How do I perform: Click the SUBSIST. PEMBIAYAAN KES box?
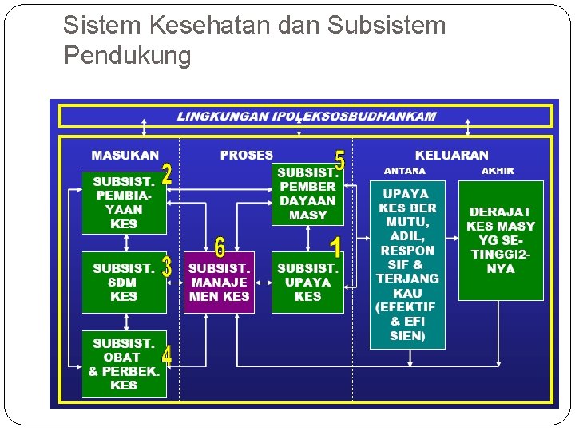(x=124, y=203)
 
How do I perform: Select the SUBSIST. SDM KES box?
(x=124, y=283)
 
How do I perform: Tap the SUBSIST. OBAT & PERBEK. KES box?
(x=124, y=364)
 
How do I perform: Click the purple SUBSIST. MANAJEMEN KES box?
(x=219, y=283)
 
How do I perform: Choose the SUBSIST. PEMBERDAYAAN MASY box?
(x=307, y=194)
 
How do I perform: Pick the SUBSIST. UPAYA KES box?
(x=307, y=283)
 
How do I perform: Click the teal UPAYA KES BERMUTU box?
(x=407, y=264)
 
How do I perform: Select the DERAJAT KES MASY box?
(x=501, y=240)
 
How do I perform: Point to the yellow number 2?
(x=167, y=176)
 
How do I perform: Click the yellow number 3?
(x=166, y=267)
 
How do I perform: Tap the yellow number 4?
(x=166, y=356)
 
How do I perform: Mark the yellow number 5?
(x=339, y=160)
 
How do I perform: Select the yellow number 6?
(x=220, y=247)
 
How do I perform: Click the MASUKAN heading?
(x=125, y=155)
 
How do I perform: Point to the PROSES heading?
(x=246, y=155)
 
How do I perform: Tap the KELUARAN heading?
(x=451, y=155)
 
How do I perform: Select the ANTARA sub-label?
(x=405, y=171)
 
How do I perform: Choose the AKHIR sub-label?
(x=498, y=171)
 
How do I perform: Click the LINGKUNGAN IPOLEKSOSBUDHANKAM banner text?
(x=307, y=116)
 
